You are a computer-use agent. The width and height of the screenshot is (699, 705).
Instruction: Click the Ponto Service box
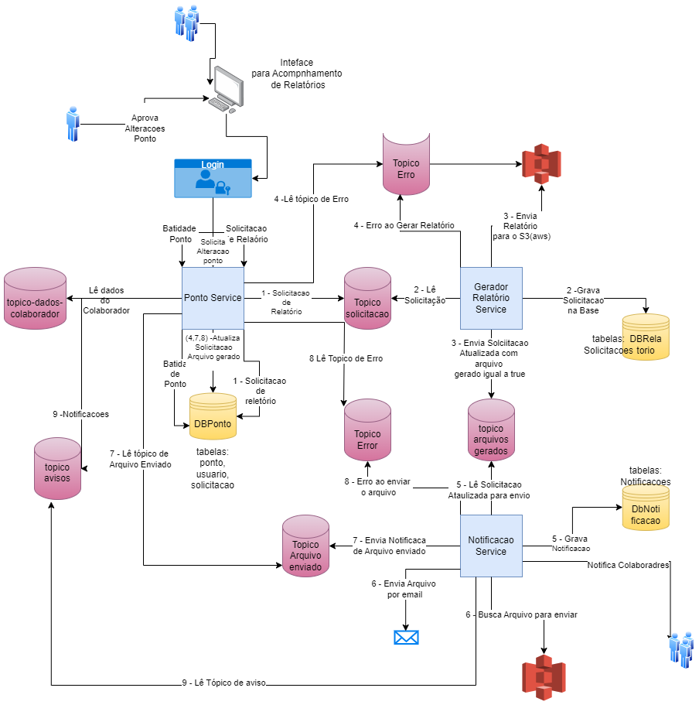coord(213,298)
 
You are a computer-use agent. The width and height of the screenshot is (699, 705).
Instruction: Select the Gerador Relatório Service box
coord(491,298)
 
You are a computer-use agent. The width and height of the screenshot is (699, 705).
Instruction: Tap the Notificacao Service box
coord(491,546)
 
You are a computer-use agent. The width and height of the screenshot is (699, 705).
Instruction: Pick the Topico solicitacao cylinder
coord(367,303)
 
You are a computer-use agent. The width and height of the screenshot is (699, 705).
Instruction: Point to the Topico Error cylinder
coord(367,434)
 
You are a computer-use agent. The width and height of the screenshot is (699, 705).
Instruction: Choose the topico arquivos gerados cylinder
coord(491,434)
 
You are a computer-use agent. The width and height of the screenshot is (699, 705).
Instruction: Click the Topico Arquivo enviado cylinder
coord(305,550)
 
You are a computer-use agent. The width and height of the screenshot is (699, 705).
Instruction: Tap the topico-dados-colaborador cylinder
coord(34,303)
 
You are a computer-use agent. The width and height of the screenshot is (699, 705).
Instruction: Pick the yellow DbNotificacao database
coord(646,513)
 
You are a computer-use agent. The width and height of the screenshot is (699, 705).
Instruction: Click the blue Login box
coord(213,179)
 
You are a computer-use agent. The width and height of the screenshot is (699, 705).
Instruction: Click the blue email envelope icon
coord(406,637)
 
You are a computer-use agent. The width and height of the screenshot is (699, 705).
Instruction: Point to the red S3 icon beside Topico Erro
coord(541,164)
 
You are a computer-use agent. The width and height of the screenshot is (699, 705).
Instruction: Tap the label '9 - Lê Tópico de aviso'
coord(224,683)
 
